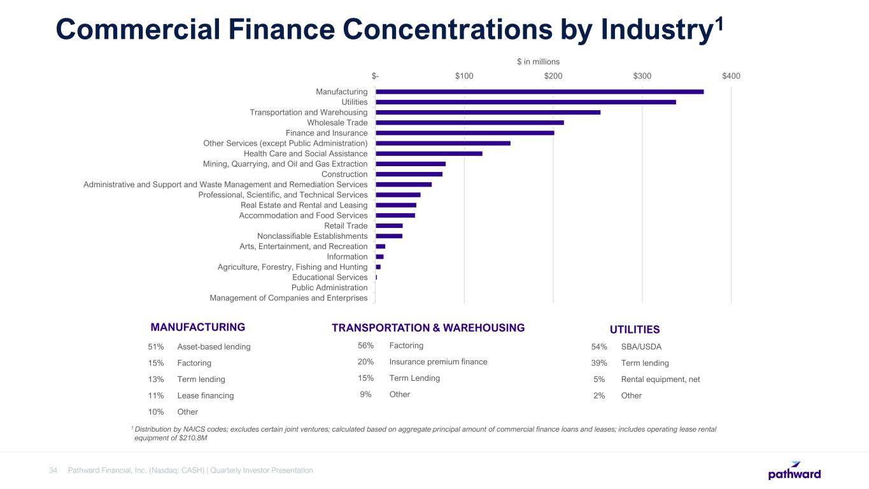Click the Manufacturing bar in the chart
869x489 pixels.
point(539,92)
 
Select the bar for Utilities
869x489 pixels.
point(525,102)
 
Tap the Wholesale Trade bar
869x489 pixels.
point(469,122)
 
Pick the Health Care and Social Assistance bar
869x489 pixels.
point(428,153)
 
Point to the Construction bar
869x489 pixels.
point(409,174)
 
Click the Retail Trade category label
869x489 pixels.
point(346,226)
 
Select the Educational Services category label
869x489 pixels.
point(330,278)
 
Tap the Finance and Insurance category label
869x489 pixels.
point(327,133)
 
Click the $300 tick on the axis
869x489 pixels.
point(642,76)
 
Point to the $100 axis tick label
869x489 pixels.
point(464,76)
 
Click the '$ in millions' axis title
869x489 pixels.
point(538,62)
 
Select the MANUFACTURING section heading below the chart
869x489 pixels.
point(197,327)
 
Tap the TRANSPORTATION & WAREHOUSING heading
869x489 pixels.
point(428,328)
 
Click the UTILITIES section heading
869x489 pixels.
point(634,330)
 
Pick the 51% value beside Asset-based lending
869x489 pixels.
point(156,347)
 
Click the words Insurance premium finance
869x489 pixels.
point(438,362)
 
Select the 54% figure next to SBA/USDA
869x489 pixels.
point(599,347)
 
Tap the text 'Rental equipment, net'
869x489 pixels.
point(660,379)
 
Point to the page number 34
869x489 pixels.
point(53,471)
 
